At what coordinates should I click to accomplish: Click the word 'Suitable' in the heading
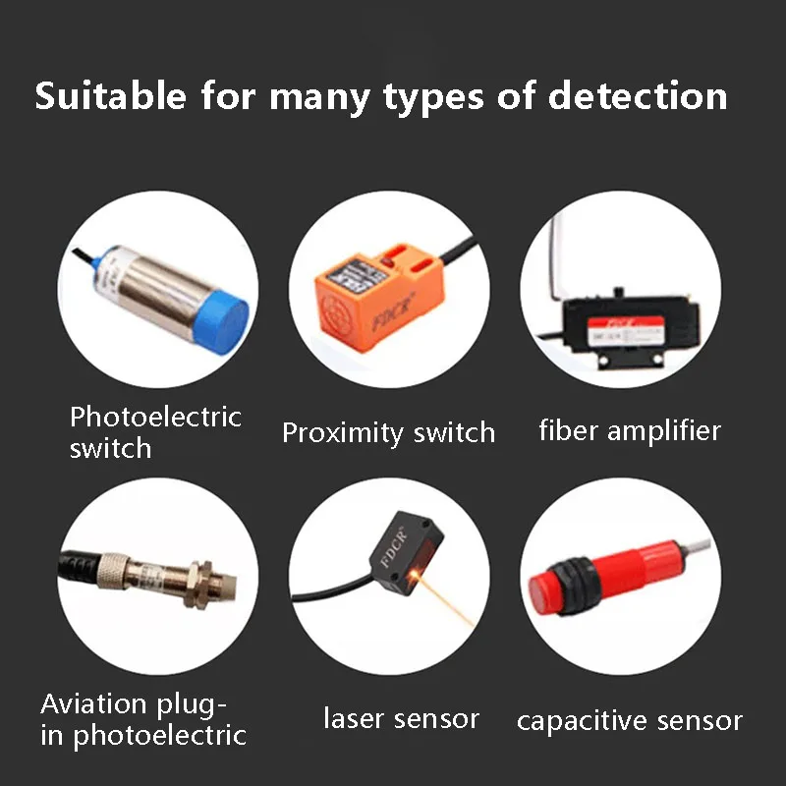[x=110, y=97]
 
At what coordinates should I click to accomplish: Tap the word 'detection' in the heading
[x=638, y=97]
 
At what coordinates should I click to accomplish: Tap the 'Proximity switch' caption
[x=388, y=432]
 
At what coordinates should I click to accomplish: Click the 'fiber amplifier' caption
[x=630, y=429]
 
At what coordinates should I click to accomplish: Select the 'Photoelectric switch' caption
[x=154, y=431]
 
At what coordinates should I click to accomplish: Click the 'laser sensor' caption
[x=401, y=718]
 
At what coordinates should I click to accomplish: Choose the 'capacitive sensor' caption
[x=629, y=721]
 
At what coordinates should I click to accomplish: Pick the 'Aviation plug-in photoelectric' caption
[x=143, y=718]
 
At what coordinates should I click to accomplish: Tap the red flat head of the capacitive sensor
[x=545, y=590]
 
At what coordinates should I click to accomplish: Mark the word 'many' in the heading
[x=319, y=97]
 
